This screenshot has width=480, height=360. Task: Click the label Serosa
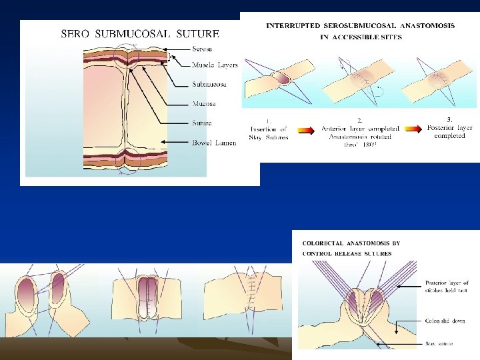point(203,49)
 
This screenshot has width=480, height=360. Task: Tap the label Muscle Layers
point(215,65)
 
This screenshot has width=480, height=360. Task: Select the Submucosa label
point(209,85)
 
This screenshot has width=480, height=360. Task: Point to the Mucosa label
point(204,104)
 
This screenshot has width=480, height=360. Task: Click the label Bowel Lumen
point(214,143)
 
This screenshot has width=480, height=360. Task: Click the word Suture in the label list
point(202,123)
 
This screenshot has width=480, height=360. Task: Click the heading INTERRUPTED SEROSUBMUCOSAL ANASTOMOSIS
point(361,26)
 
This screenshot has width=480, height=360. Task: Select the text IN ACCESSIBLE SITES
point(361,37)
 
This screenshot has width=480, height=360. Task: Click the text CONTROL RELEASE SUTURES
point(347,254)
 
